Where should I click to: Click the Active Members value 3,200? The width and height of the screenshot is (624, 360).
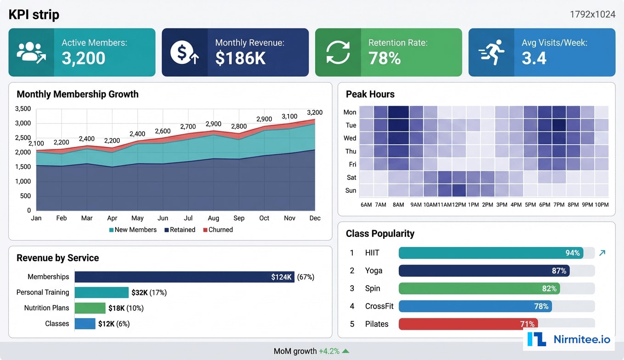pyautogui.click(x=84, y=58)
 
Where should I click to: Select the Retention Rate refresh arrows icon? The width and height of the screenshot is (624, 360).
pyautogui.click(x=338, y=52)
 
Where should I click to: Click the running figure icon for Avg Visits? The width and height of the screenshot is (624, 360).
pyautogui.click(x=491, y=52)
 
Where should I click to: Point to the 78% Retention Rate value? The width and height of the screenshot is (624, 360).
pyautogui.click(x=384, y=58)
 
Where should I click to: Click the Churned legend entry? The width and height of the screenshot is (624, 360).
pyautogui.click(x=218, y=230)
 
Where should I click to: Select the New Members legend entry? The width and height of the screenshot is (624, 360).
pyautogui.click(x=133, y=230)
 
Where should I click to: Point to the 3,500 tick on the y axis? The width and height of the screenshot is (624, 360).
pyautogui.click(x=23, y=109)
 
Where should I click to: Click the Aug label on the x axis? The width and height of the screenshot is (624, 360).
pyautogui.click(x=213, y=218)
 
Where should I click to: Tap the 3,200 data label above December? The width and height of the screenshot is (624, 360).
pyautogui.click(x=315, y=112)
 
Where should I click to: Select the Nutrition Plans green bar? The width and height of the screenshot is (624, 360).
pyautogui.click(x=90, y=308)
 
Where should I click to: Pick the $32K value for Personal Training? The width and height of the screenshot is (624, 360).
pyautogui.click(x=139, y=292)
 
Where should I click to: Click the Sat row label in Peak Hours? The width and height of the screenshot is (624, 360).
pyautogui.click(x=351, y=177)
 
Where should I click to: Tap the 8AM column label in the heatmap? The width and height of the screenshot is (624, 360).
pyautogui.click(x=398, y=204)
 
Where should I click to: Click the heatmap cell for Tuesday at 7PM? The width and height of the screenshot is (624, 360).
pyautogui.click(x=559, y=125)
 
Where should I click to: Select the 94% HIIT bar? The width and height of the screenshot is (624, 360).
pyautogui.click(x=490, y=253)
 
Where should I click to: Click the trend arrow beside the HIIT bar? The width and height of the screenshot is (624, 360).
pyautogui.click(x=602, y=253)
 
